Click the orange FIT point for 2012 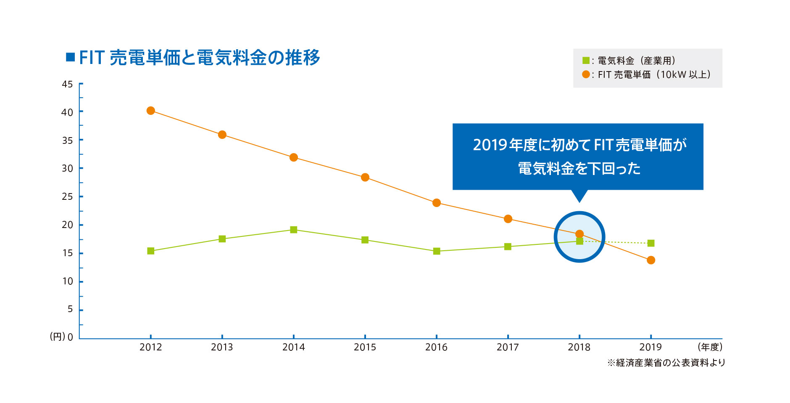pos(151,111)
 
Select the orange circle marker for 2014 pos(294,157)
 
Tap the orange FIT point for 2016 pos(437,203)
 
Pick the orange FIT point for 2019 pos(651,260)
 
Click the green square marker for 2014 pos(294,230)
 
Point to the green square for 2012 pos(151,251)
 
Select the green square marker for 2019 pos(651,243)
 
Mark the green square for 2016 pos(437,251)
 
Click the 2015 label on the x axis pos(365,347)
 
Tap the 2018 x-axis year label pos(579,347)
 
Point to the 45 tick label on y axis pos(67,84)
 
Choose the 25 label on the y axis pos(67,196)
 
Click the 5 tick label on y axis pos(70,309)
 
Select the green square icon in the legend pos(586,61)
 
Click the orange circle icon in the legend pos(586,74)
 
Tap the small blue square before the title pos(70,57)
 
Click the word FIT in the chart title pos(92,58)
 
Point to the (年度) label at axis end pos(710,347)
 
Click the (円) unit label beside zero pos(58,337)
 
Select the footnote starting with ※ pos(666,363)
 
